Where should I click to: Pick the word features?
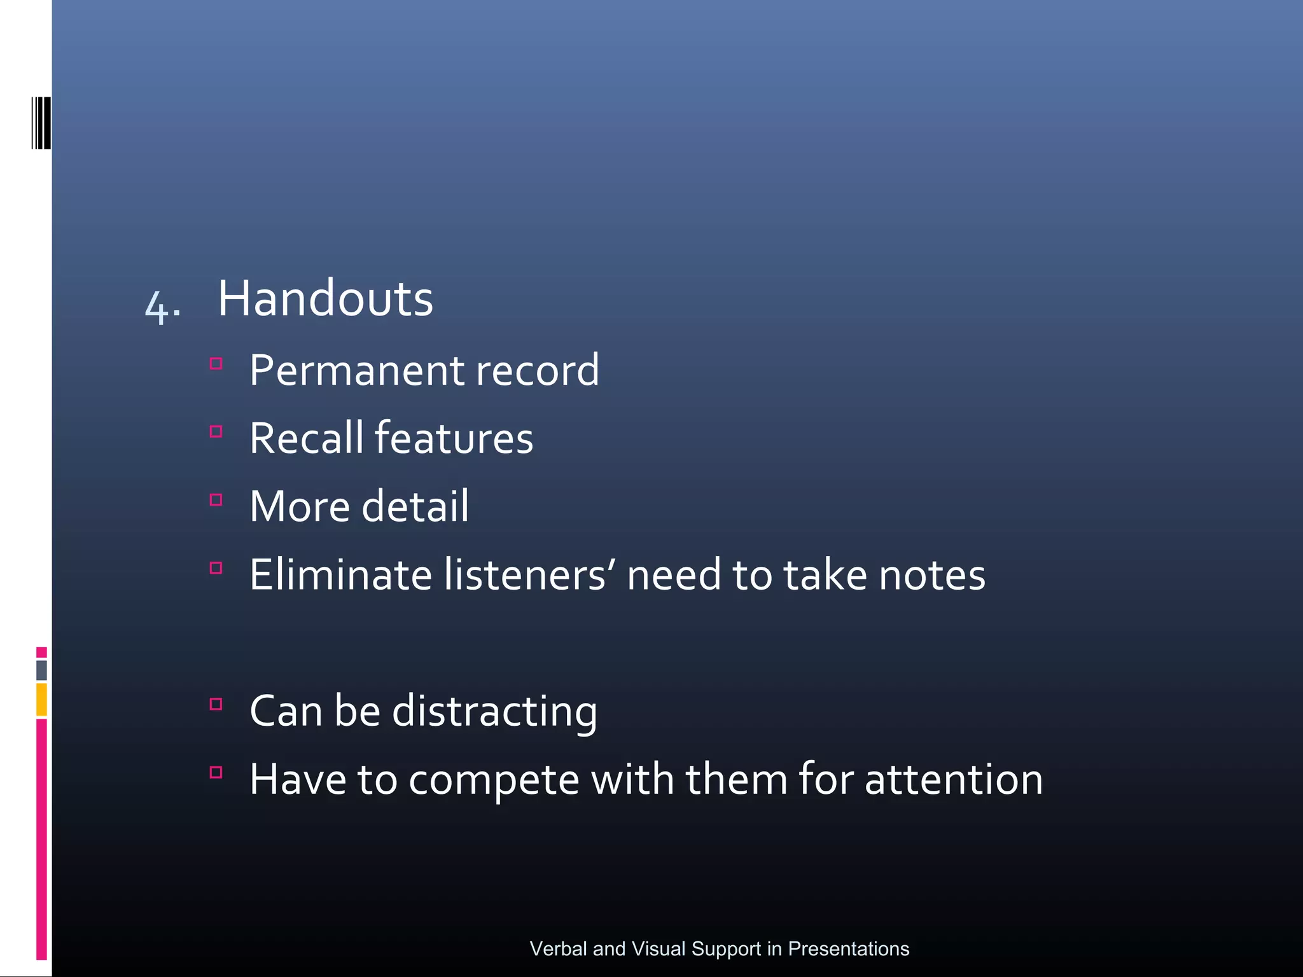(x=454, y=438)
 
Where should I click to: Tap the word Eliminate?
(x=341, y=574)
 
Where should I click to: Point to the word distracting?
(x=494, y=711)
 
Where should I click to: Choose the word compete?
(x=494, y=780)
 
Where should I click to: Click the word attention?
(x=954, y=779)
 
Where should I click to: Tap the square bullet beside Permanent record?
(x=216, y=364)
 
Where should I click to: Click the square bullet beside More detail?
(x=216, y=500)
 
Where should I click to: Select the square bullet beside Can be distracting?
(x=216, y=704)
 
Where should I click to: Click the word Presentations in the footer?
(x=849, y=948)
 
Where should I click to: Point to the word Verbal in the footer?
(x=558, y=948)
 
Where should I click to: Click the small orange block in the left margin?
(x=41, y=699)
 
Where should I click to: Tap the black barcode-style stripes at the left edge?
(x=41, y=123)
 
